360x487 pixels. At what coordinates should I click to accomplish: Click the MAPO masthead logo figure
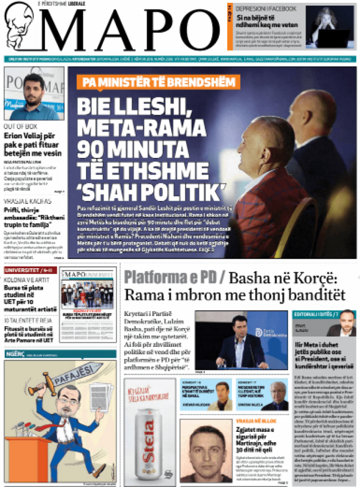pyautogui.click(x=19, y=26)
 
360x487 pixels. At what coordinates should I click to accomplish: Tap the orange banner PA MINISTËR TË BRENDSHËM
pyautogui.click(x=158, y=82)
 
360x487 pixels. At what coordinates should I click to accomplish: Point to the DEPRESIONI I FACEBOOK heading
pyautogui.click(x=266, y=9)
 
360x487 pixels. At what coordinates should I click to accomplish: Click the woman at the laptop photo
pyautogui.click(x=330, y=27)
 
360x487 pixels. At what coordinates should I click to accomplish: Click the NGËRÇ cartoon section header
pyautogui.click(x=12, y=354)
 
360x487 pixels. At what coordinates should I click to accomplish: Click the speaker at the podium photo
pyautogui.click(x=240, y=340)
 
